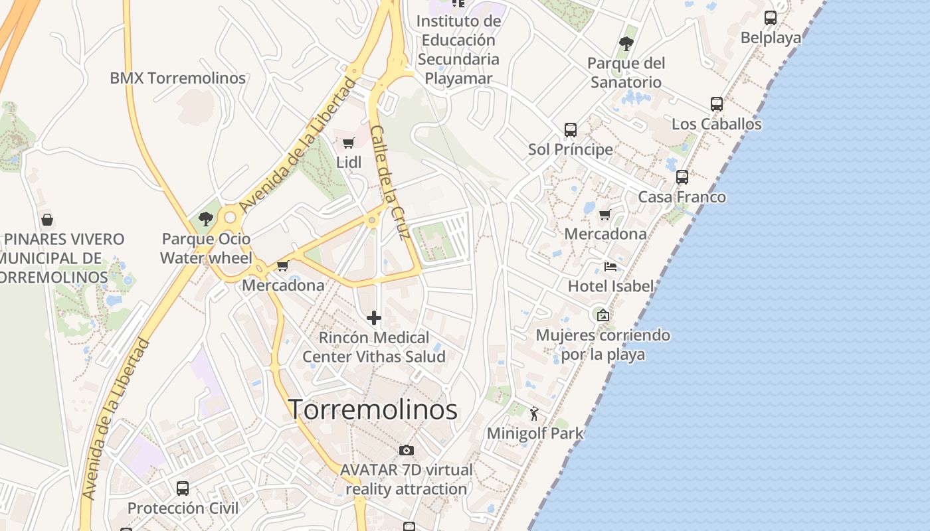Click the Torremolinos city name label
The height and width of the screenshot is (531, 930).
point(373,410)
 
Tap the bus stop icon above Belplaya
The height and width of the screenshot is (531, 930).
point(771,18)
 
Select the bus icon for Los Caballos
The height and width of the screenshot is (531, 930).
point(717,104)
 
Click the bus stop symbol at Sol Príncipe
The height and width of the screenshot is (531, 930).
point(571,130)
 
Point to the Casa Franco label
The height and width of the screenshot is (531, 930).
point(682,197)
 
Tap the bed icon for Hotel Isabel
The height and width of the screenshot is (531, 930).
point(610,267)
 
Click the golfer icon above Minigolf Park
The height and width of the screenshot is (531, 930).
point(534,414)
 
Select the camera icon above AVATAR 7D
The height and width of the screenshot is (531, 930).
point(407,451)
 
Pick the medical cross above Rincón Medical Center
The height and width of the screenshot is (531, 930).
point(374,318)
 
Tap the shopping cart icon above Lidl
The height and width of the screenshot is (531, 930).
point(348,143)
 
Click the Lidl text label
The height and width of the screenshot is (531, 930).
point(349,162)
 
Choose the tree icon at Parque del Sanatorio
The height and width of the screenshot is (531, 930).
point(626,44)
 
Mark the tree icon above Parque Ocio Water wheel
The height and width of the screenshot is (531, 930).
point(206,218)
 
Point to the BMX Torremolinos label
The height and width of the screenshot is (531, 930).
point(177,78)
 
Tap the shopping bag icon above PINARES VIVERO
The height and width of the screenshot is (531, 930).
point(46,219)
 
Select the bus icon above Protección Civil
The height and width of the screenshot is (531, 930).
point(183,489)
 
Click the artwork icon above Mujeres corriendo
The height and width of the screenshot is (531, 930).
point(603,315)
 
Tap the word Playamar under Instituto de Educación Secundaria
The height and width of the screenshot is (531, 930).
point(458,78)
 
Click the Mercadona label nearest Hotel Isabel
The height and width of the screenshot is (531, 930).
point(605,234)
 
